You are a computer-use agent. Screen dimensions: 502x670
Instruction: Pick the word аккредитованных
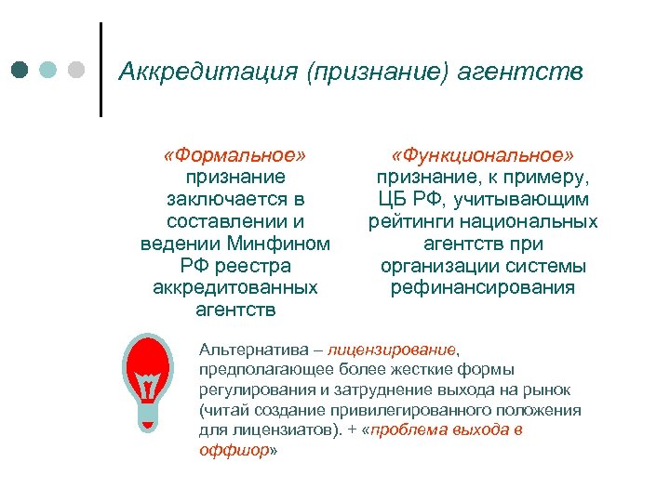[235, 288]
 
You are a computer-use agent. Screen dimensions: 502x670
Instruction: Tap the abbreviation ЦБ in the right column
[395, 199]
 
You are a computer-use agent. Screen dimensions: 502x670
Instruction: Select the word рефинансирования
[482, 288]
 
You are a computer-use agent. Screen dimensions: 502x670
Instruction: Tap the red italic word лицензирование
[392, 350]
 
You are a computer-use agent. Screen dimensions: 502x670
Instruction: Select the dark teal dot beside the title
[19, 70]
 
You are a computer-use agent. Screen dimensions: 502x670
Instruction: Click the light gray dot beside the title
[76, 70]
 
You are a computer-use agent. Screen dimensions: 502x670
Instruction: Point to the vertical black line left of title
[100, 70]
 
